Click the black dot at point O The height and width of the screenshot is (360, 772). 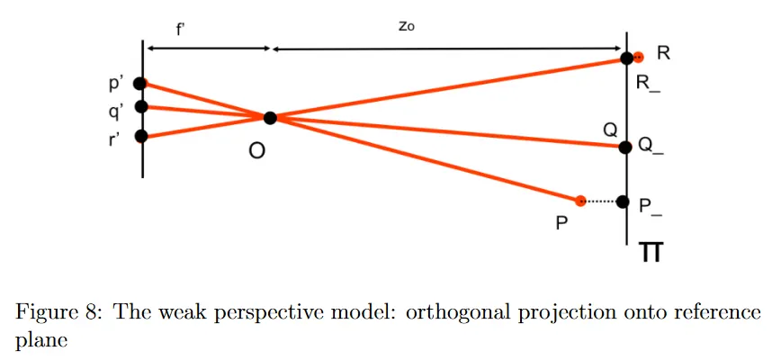[x=270, y=117]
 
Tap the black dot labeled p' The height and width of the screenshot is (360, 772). [x=139, y=84]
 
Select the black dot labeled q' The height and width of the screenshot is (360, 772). [x=140, y=107]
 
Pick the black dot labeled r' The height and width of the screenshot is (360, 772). [x=140, y=137]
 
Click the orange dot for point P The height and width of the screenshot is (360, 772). [x=581, y=201]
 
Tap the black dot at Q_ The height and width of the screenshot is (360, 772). [x=625, y=146]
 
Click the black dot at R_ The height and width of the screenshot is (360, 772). [x=626, y=58]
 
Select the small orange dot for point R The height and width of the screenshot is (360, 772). [x=638, y=57]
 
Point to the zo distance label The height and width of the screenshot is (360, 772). [x=406, y=27]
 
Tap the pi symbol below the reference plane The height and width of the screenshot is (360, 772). [x=651, y=253]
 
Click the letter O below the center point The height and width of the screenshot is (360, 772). [x=256, y=152]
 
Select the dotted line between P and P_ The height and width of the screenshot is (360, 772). [x=601, y=201]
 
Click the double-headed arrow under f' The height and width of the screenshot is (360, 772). [x=207, y=49]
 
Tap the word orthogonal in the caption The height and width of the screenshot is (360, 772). [x=444, y=314]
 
